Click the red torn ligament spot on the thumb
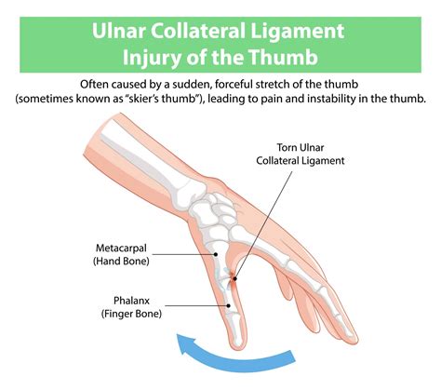pos(234,276)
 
